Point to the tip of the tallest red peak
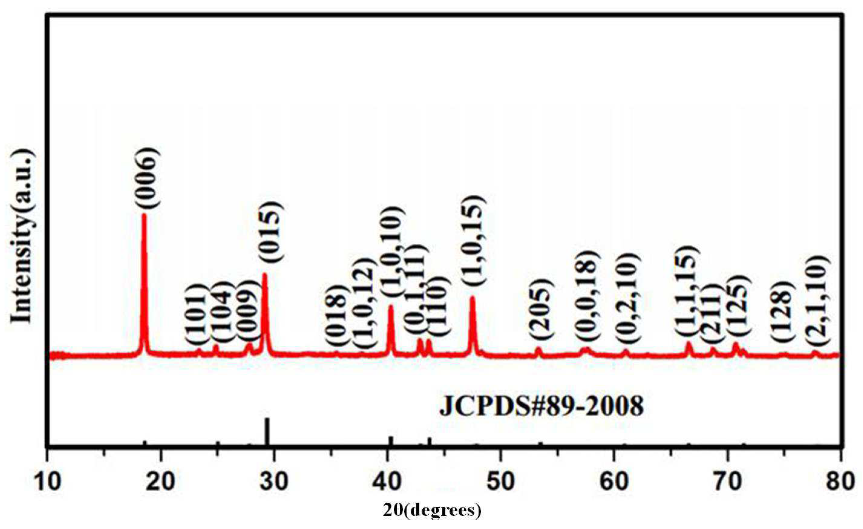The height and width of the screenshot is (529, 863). tap(144, 215)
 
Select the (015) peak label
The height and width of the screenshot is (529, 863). tap(272, 232)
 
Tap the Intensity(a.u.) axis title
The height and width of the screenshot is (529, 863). tap(24, 235)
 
